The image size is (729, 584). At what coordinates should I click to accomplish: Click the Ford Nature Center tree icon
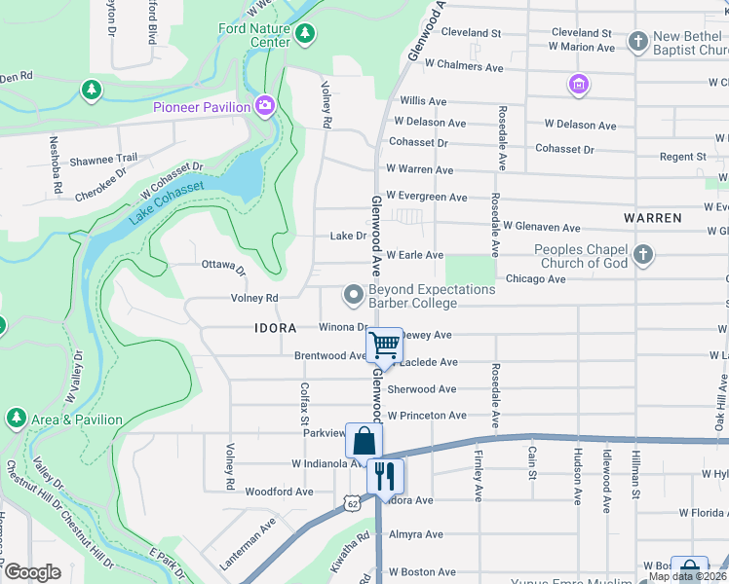[306, 35]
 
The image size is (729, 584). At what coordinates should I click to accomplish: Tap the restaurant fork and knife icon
[385, 476]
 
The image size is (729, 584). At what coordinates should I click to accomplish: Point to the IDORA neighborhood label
[275, 328]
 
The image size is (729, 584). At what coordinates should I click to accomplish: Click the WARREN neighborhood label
[652, 218]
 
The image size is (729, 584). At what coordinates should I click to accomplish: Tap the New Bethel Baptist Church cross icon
[638, 41]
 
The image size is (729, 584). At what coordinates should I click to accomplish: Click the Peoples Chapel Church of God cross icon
[642, 255]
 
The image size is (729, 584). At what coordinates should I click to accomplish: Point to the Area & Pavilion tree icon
[16, 419]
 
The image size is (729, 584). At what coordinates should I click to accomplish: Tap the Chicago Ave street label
[535, 279]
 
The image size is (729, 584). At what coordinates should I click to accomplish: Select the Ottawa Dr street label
[223, 265]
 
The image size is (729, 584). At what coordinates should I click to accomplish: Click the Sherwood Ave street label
[421, 389]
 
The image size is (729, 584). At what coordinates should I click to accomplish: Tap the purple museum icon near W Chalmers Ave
[579, 86]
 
